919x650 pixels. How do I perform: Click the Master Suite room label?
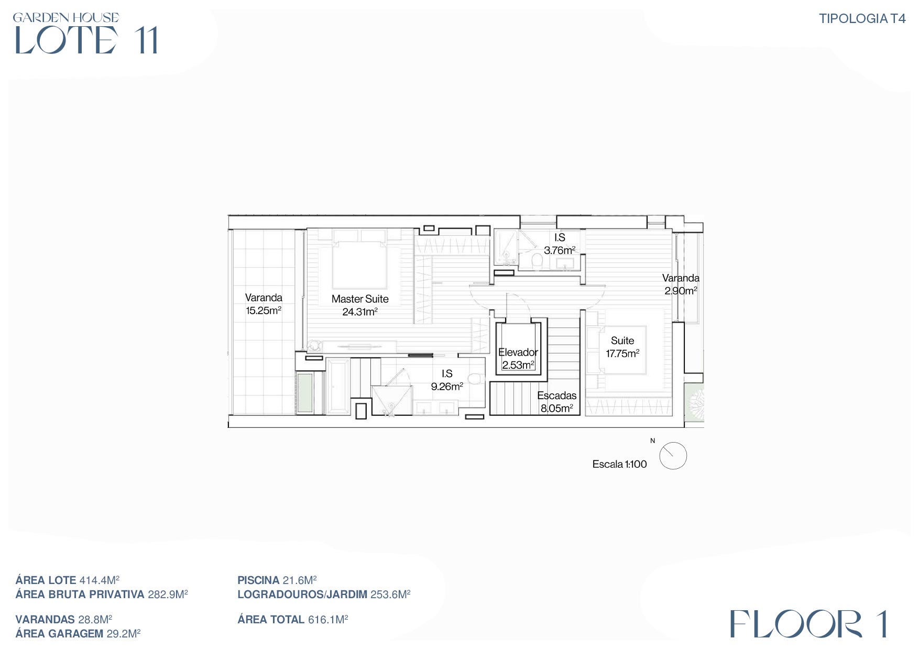360,299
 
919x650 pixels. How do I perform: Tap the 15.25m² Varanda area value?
264,311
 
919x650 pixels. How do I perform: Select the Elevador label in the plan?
518,352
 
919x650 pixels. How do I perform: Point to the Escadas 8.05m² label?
557,402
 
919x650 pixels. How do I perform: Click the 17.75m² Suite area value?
622,354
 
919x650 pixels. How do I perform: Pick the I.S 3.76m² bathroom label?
560,244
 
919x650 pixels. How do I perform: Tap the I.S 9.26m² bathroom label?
447,380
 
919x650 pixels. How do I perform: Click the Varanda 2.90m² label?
681,284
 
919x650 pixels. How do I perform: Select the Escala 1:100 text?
619,464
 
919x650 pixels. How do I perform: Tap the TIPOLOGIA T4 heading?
862,19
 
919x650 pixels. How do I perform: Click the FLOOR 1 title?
808,624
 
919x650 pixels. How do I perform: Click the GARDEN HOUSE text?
66,17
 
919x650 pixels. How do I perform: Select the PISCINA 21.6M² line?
277,580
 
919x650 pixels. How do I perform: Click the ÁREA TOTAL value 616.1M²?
328,620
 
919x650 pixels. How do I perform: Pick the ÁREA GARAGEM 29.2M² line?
78,634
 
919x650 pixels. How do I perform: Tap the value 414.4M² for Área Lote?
100,580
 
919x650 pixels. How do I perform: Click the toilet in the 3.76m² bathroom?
537,260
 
